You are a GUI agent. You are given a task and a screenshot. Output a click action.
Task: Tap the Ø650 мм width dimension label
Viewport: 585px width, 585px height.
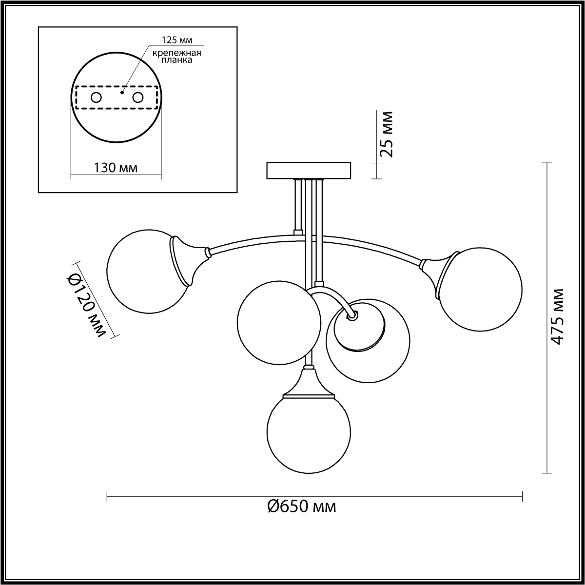coord(302,507)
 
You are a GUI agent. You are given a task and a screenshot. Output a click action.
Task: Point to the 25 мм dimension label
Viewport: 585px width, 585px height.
coord(386,134)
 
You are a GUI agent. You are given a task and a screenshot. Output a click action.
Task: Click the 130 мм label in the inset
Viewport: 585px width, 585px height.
coord(115,167)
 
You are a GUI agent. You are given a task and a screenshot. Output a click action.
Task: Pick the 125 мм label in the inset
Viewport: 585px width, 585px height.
coord(176,40)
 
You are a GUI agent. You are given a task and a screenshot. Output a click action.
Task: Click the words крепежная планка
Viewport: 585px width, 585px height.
coord(176,57)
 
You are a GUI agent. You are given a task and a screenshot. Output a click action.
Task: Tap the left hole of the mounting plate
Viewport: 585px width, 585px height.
coord(96,98)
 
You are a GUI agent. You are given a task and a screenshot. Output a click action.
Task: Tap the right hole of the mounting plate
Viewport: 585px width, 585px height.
coord(137,98)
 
